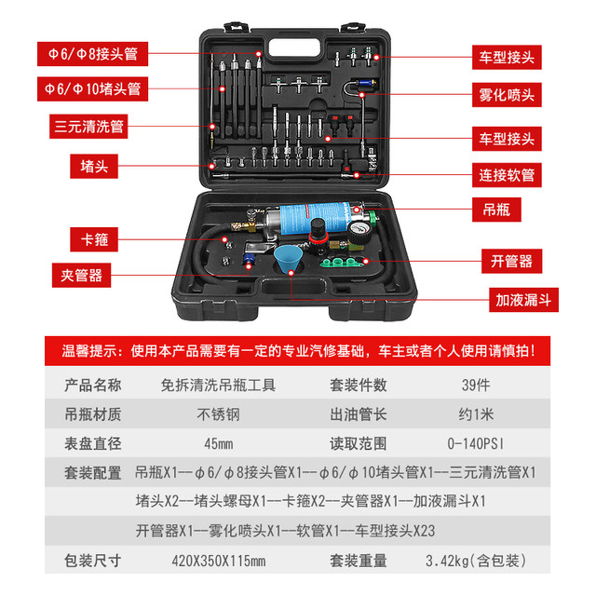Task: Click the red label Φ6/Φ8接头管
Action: [92, 52]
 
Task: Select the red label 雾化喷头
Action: [507, 94]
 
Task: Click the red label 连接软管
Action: [507, 174]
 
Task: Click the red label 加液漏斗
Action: [521, 301]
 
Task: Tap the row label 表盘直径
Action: [92, 443]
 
